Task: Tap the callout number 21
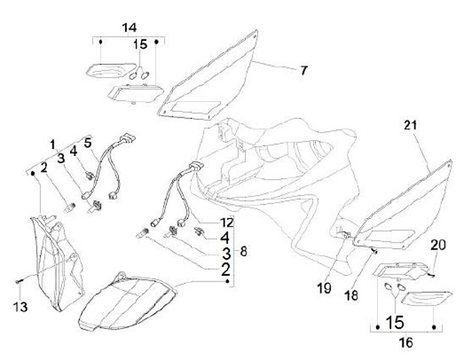point(410,125)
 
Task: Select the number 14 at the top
point(129,27)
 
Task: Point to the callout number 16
point(406,341)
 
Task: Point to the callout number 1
point(52,144)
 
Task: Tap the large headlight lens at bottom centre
point(127,305)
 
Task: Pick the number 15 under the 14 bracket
point(140,45)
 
